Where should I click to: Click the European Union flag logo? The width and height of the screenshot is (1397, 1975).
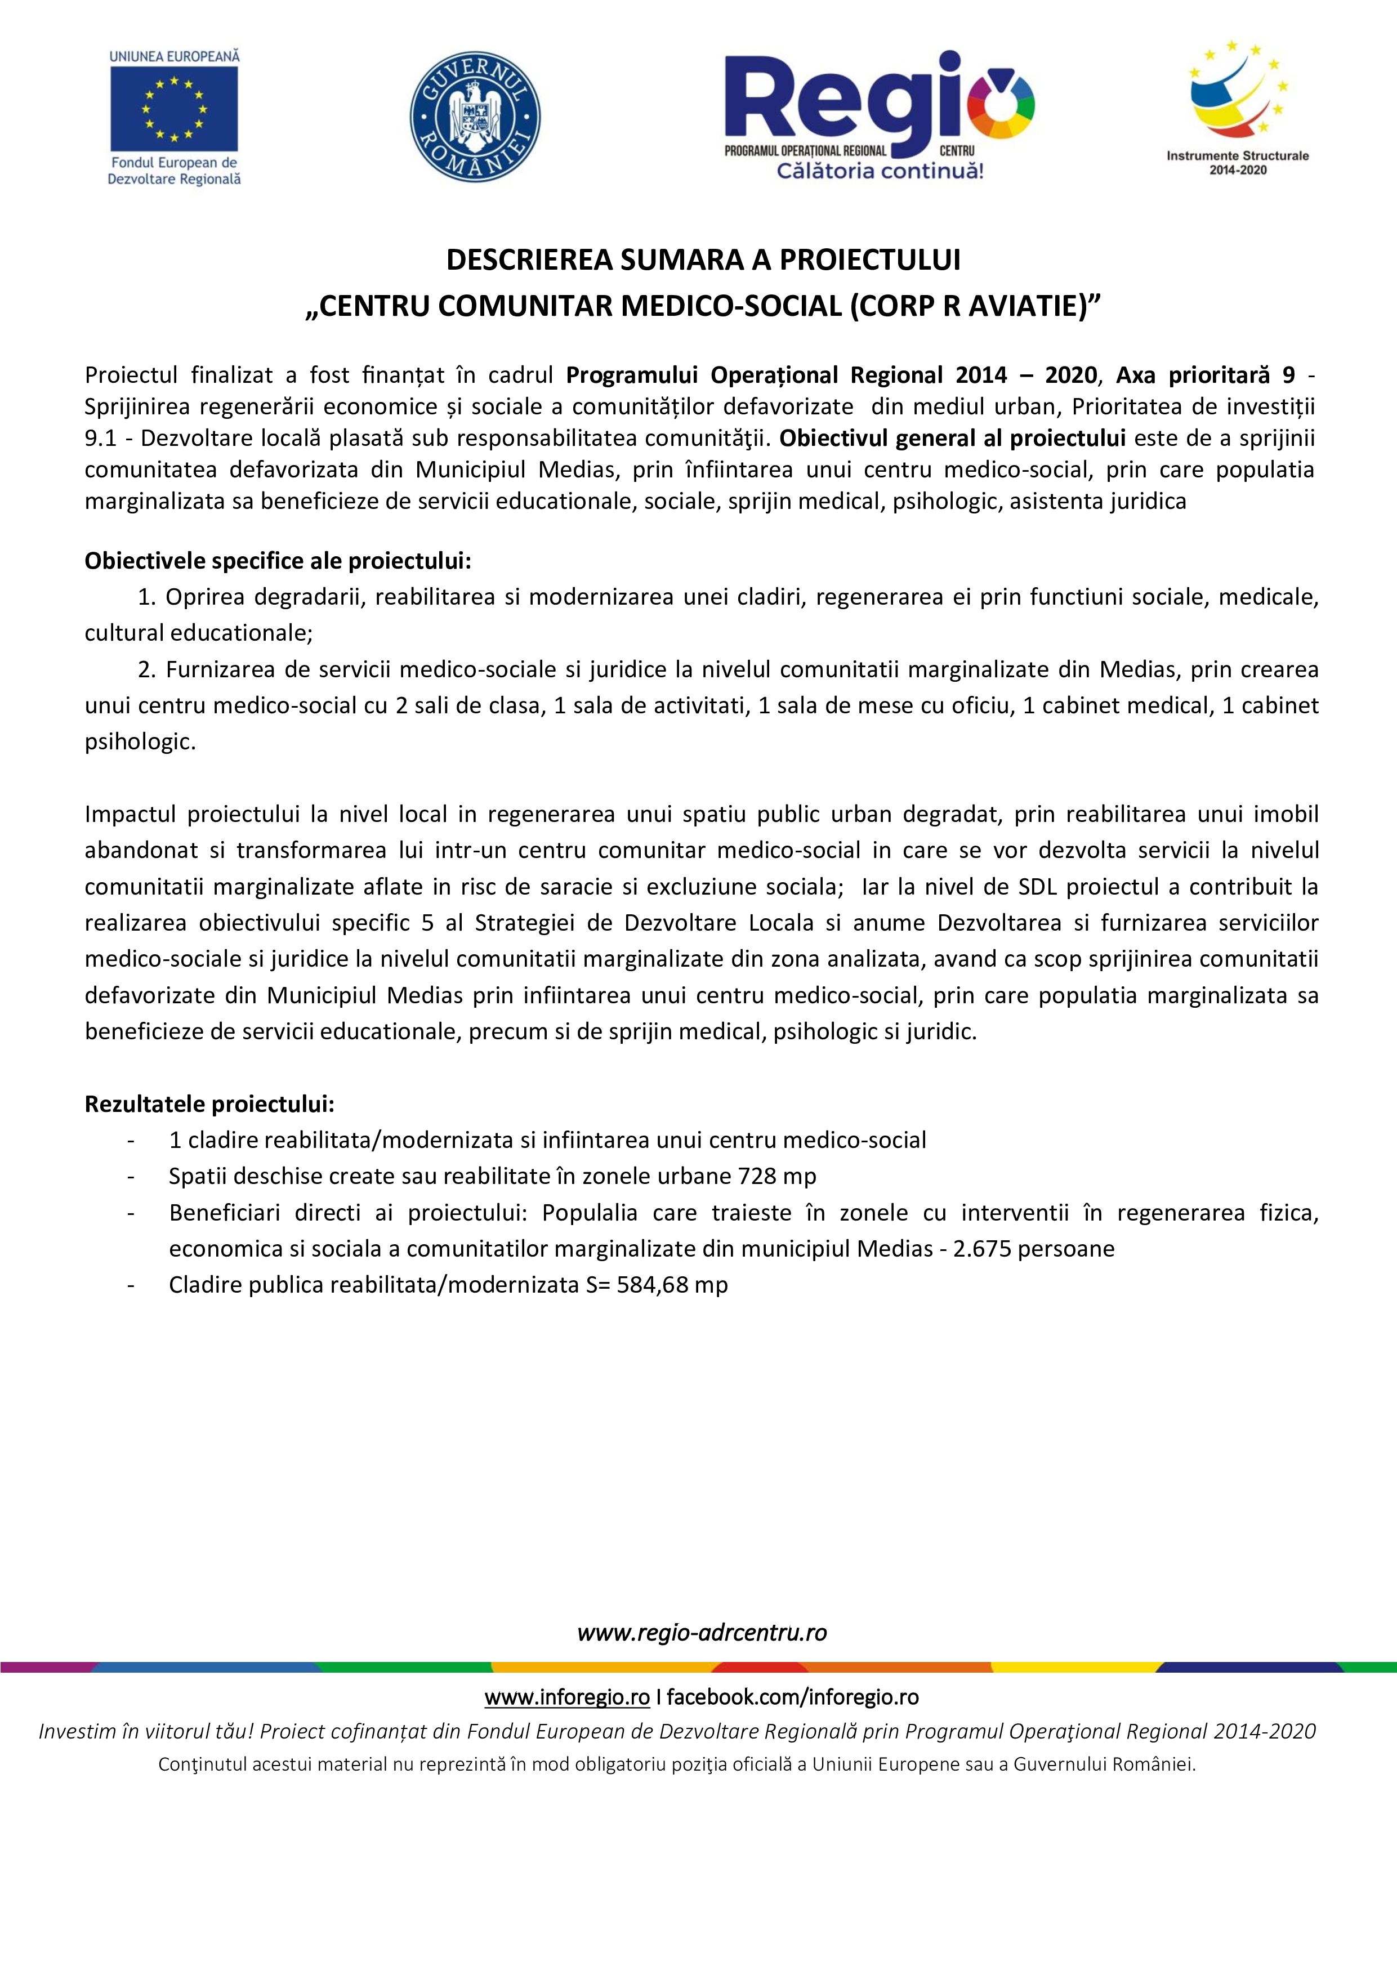[x=174, y=109]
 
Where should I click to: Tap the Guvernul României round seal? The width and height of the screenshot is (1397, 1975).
[x=475, y=116]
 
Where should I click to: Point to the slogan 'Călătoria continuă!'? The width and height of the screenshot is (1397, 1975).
[x=879, y=171]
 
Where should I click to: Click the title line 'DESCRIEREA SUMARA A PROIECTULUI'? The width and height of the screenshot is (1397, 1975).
[x=703, y=260]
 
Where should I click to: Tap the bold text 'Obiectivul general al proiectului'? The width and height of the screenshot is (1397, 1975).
[x=952, y=438]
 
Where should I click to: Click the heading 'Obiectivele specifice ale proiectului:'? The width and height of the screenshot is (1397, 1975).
[x=278, y=561]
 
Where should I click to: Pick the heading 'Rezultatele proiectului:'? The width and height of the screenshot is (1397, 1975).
[x=209, y=1103]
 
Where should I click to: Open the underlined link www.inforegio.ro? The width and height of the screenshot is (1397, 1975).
[x=567, y=1697]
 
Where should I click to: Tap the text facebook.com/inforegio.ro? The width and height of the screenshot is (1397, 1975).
[x=792, y=1697]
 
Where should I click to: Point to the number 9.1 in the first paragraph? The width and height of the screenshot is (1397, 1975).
[x=101, y=438]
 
